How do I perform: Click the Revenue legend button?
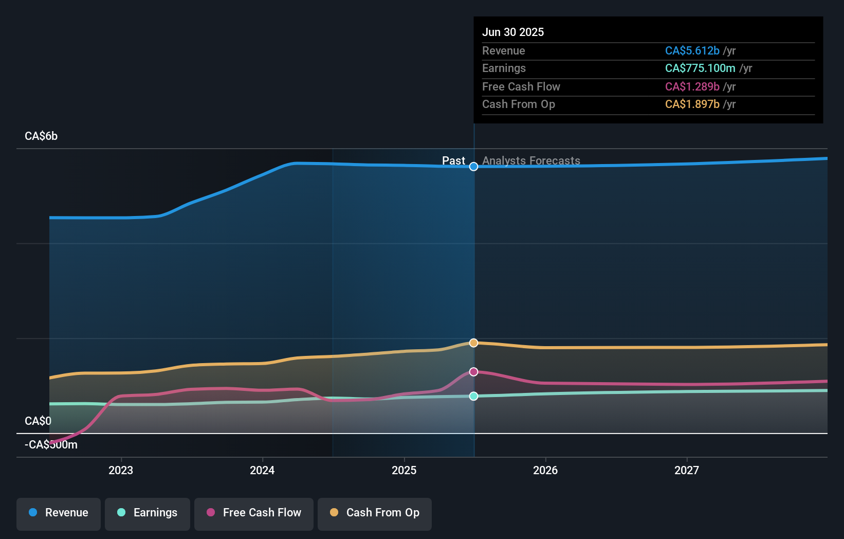(59, 513)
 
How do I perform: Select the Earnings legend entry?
(148, 513)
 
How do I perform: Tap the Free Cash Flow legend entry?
(254, 513)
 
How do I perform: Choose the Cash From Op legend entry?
(375, 513)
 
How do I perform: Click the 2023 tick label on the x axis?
(121, 470)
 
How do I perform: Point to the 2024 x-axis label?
(262, 470)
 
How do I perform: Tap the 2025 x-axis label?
(404, 470)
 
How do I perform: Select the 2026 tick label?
(545, 470)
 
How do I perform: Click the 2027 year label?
(687, 470)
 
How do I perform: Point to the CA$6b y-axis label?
(41, 136)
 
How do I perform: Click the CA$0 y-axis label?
(38, 421)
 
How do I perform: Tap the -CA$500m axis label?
(51, 445)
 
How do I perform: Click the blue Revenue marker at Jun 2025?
(474, 167)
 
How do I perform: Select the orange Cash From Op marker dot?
(474, 343)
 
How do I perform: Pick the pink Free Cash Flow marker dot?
(474, 372)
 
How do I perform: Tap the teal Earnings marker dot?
(474, 396)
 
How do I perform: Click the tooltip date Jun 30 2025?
(513, 32)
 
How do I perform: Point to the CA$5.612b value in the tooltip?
(692, 50)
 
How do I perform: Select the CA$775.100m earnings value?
(700, 68)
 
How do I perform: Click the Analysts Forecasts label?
(531, 160)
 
